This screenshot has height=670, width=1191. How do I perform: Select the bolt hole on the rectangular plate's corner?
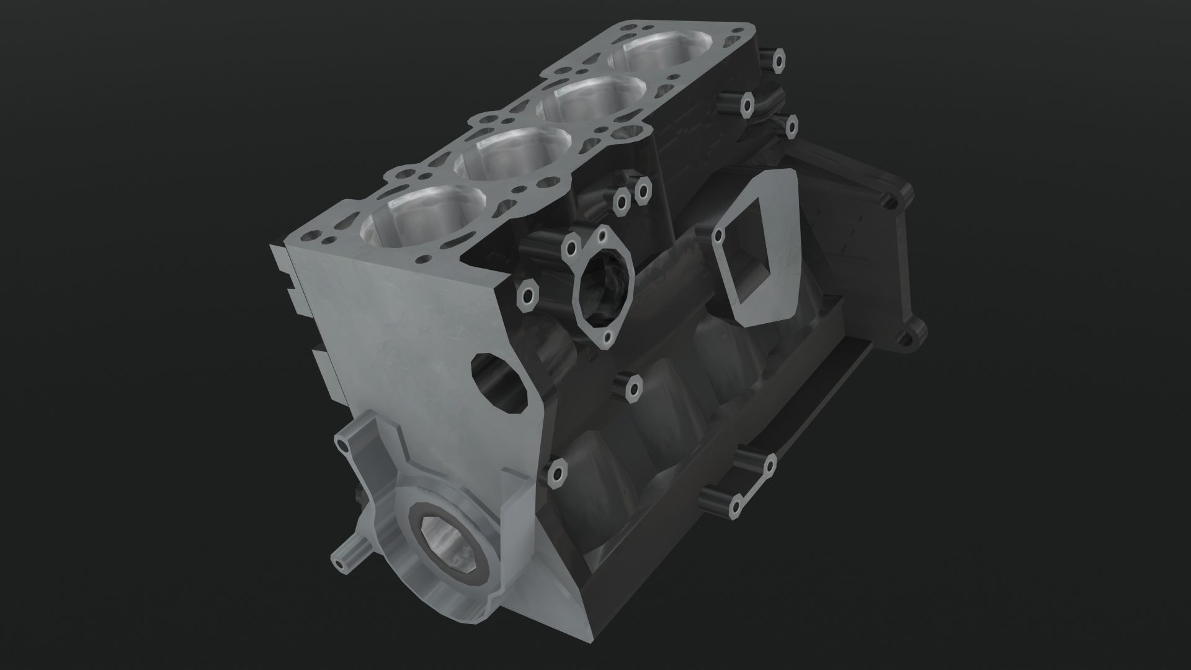click(719, 235)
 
